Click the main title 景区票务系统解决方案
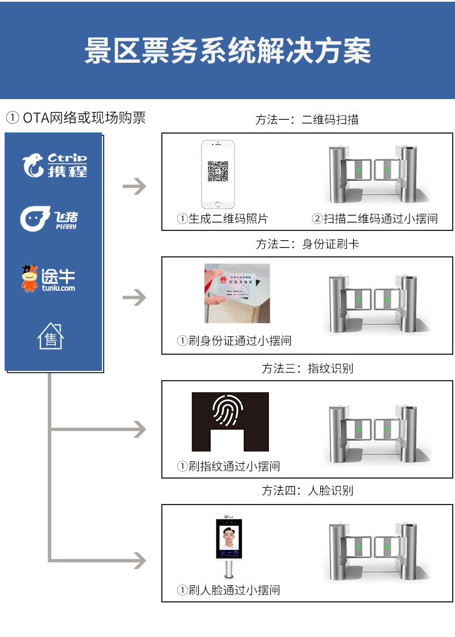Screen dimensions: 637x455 [x=227, y=51]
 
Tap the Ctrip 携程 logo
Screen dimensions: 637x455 [x=55, y=165]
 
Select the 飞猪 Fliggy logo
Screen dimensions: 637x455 [x=50, y=218]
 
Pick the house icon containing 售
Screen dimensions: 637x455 [x=51, y=336]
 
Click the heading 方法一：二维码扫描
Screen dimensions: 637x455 [x=307, y=120]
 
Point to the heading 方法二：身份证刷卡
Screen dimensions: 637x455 [x=307, y=244]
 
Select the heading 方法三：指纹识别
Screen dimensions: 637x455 [x=307, y=368]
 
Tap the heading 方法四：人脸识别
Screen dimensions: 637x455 [x=307, y=491]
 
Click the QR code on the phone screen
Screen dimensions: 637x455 [x=218, y=171]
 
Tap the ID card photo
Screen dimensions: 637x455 [x=237, y=293]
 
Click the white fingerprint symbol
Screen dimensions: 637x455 [x=230, y=411]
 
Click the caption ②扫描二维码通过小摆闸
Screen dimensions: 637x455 [x=375, y=219]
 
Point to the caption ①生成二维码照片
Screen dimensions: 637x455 [x=222, y=219]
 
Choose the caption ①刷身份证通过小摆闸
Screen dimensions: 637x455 [x=234, y=341]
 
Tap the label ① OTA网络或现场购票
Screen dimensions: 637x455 [x=75, y=118]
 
